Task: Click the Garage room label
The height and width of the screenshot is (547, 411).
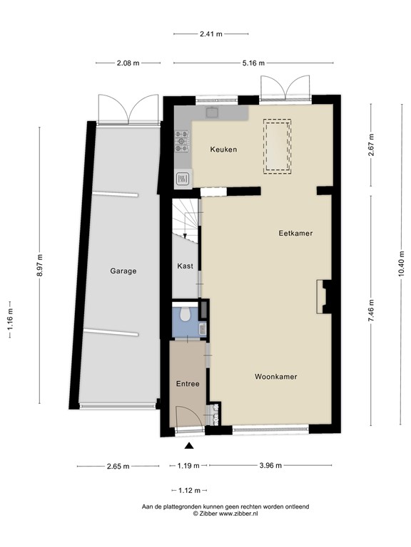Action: point(123,271)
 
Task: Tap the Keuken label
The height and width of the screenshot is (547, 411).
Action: point(223,150)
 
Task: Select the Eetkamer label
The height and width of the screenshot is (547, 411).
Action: point(295,233)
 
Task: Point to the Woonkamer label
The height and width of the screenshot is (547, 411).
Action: point(275,377)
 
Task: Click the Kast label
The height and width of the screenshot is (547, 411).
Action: point(184,266)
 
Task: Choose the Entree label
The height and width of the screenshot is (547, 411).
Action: point(188,384)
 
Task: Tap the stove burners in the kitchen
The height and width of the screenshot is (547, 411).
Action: point(182,142)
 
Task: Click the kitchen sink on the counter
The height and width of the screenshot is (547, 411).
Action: point(213,113)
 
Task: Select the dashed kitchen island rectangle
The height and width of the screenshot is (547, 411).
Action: point(278,145)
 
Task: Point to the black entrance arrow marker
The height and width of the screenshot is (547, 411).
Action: point(189,446)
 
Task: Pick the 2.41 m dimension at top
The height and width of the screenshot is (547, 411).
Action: point(210,33)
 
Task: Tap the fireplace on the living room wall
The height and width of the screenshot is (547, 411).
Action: point(324,296)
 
